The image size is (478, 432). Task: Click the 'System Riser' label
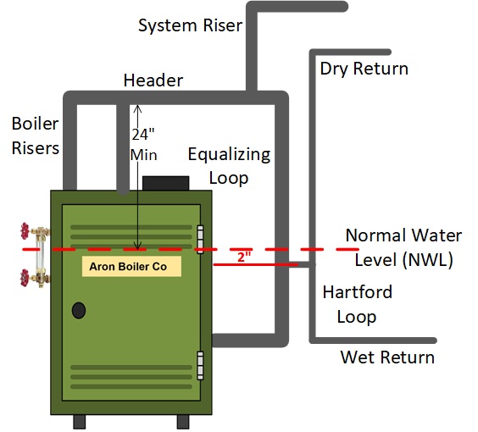pos(190,25)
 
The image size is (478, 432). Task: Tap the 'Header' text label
pos(153,81)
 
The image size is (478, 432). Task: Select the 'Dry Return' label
pos(364,69)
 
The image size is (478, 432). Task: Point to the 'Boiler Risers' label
pos(35,136)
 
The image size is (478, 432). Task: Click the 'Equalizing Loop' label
pos(229,165)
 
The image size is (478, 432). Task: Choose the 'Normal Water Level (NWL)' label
pos(399,247)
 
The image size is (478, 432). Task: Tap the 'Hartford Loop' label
pos(358,304)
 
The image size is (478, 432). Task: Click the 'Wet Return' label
pos(387,357)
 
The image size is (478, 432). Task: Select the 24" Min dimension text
pos(145,144)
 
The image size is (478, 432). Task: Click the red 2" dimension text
pos(244,257)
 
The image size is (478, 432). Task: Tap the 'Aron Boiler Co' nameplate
pos(131,266)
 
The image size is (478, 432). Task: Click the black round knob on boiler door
pos(79,310)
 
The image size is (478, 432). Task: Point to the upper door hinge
pos(201,238)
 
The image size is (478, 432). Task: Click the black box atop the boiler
pos(165,183)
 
